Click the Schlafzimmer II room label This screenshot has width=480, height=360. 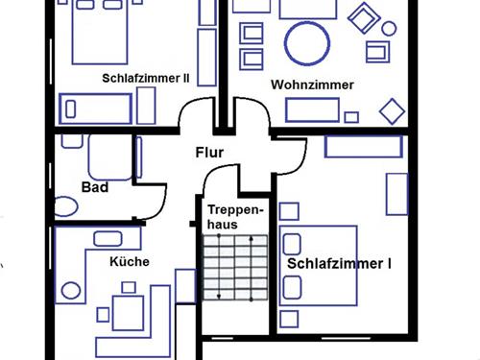145,79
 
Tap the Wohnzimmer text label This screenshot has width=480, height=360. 312,85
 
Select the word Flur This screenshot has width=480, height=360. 208,152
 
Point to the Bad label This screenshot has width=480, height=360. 94,187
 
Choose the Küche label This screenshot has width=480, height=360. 128,260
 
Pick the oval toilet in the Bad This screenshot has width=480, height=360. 66,206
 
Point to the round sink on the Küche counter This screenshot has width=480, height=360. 69,290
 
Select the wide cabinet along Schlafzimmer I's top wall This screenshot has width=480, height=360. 362,147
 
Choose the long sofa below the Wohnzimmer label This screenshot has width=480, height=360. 313,109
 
